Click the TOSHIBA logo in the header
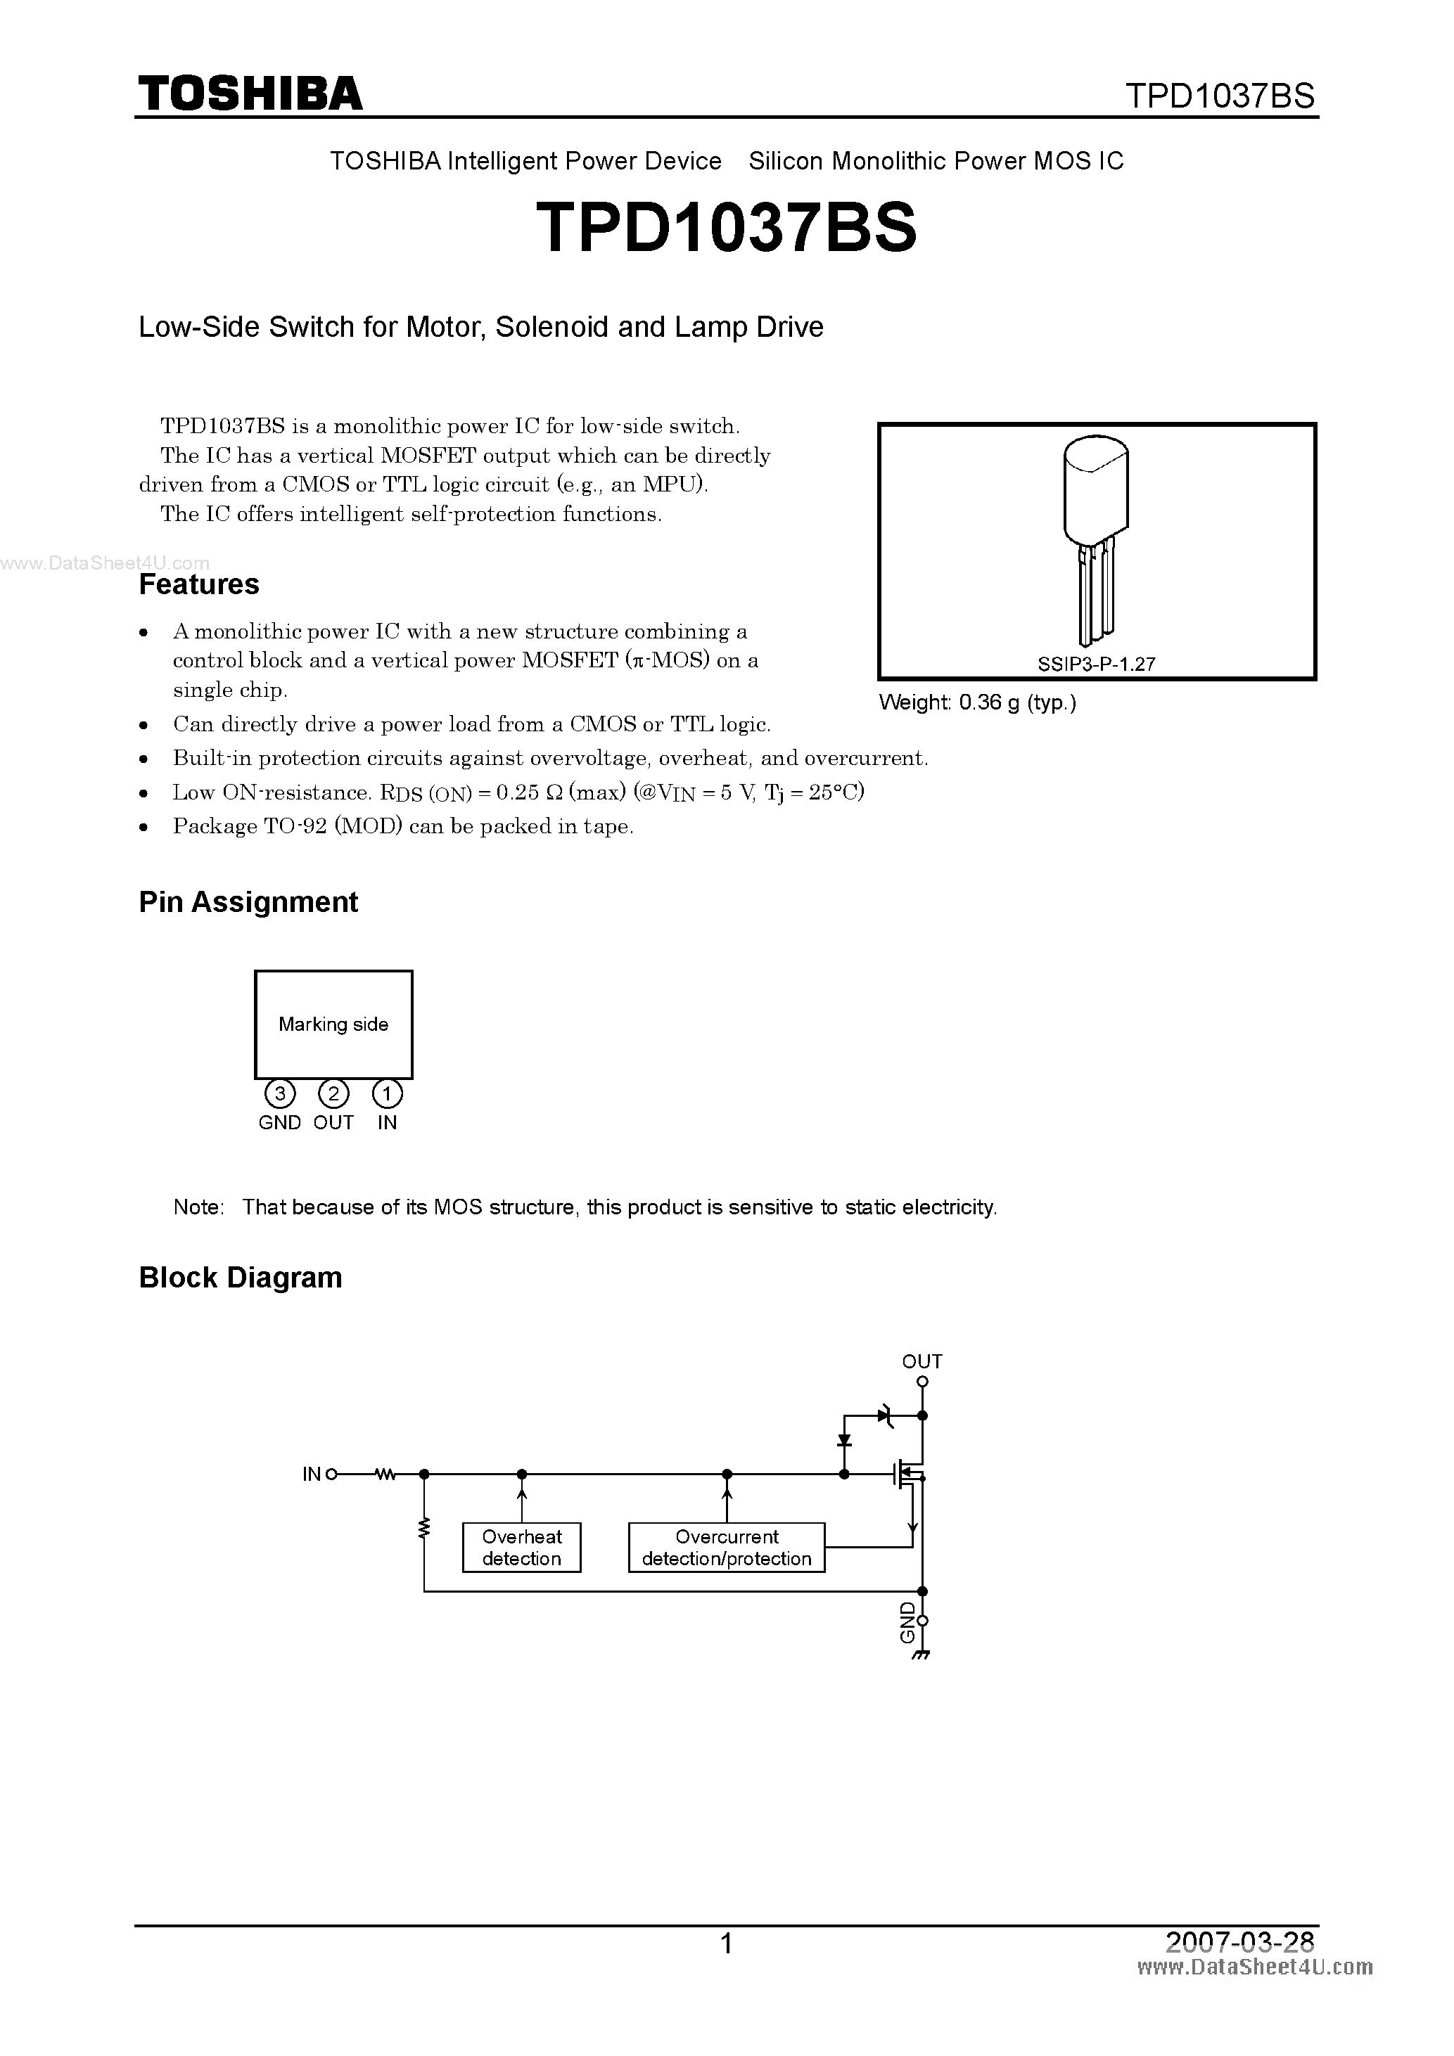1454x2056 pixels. click(x=250, y=93)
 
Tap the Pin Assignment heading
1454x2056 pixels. click(x=248, y=901)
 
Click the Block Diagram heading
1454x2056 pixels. click(x=240, y=1278)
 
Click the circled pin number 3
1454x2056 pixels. click(x=279, y=1093)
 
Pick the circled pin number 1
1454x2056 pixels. click(x=387, y=1093)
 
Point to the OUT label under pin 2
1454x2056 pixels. click(x=333, y=1123)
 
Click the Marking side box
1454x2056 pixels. click(x=333, y=1024)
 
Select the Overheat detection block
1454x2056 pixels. click(x=521, y=1548)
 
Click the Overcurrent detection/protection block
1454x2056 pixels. click(x=727, y=1548)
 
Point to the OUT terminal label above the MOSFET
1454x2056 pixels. click(x=922, y=1362)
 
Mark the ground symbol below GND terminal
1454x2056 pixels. click(x=922, y=1655)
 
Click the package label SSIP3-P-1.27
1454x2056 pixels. click(x=1097, y=664)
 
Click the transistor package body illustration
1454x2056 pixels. click(x=1095, y=490)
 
